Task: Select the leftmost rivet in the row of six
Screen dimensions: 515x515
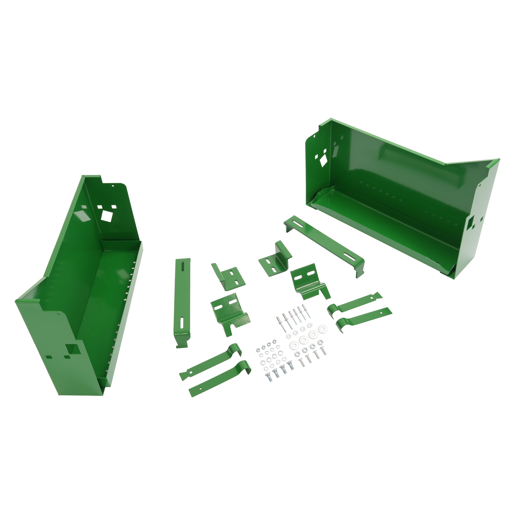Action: point(279,322)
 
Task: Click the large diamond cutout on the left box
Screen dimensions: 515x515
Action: point(107,215)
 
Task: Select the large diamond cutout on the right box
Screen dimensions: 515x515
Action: point(323,161)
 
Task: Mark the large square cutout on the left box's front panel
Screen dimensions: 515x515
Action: point(71,349)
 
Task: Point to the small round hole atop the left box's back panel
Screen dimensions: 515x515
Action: point(113,186)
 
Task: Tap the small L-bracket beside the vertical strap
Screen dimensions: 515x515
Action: point(229,276)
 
